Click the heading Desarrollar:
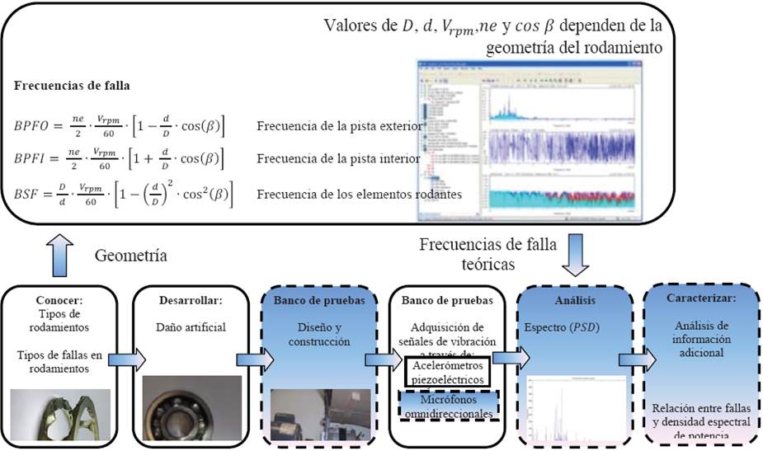[x=188, y=299]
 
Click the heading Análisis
[x=574, y=300]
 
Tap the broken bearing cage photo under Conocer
[x=59, y=416]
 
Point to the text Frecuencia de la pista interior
[x=338, y=158]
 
